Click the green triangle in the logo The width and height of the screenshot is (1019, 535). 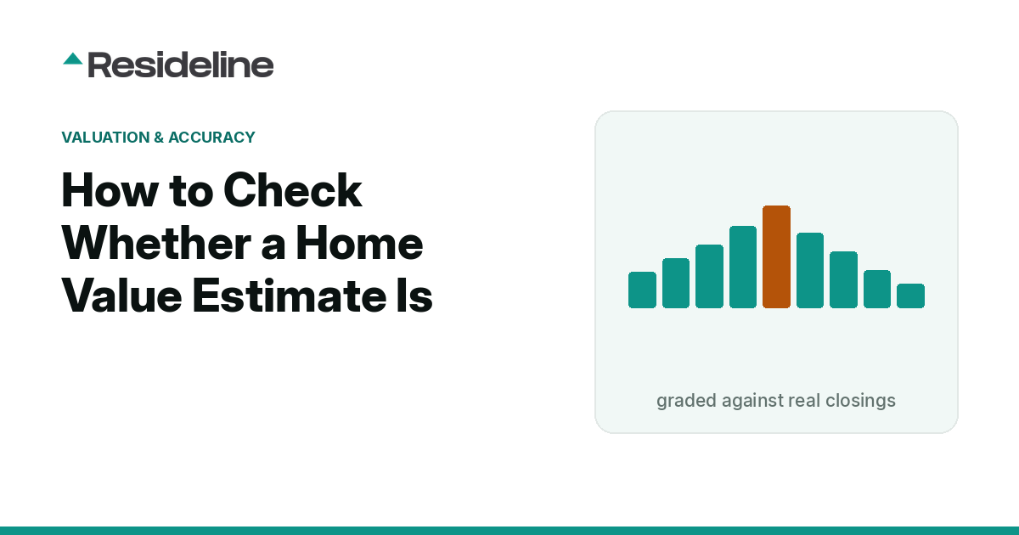pos(73,59)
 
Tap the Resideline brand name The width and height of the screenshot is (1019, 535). pos(181,65)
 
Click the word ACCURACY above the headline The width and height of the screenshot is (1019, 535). pos(211,138)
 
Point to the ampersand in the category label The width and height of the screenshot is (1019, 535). pos(159,138)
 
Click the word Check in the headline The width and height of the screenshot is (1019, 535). pos(292,190)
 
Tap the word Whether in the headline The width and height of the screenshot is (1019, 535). pos(156,244)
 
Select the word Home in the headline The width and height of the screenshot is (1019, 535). pos(359,244)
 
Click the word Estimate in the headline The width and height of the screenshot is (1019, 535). pos(289,296)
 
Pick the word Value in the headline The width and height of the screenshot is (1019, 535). pos(122,296)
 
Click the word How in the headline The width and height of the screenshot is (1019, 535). pos(110,190)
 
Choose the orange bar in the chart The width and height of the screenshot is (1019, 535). pos(776,257)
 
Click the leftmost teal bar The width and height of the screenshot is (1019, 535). pos(642,290)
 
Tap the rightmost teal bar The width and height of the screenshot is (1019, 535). pos(910,296)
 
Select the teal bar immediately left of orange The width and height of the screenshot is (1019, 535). pos(743,267)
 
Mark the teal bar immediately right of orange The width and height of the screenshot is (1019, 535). pos(810,271)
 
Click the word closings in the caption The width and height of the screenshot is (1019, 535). pos(860,401)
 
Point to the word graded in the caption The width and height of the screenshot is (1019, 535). pos(686,401)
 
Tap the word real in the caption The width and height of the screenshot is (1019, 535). pos(804,400)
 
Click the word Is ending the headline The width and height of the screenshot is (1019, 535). pos(414,296)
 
